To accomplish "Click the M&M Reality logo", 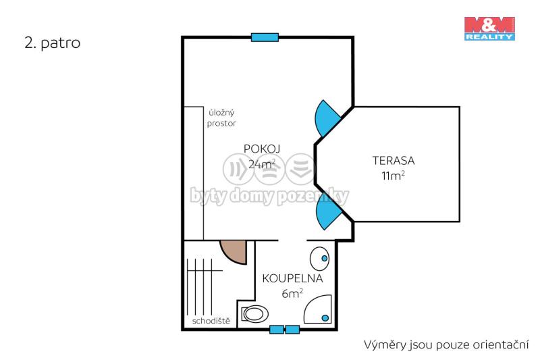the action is click(489, 28).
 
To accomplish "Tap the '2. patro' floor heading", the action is click(53, 43).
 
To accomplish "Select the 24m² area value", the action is click(262, 163).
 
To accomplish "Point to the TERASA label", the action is click(394, 161).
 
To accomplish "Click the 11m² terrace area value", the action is click(393, 176).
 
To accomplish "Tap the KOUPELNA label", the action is click(292, 278).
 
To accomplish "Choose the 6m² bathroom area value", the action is click(292, 293).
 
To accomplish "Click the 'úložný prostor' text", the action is click(221, 118).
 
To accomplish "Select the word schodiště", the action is click(211, 321).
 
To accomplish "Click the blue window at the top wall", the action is click(265, 37).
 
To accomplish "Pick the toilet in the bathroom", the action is click(255, 314).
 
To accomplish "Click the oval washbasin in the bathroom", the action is click(319, 259).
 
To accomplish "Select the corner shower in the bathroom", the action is click(317, 309).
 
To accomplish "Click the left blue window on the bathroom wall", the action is click(277, 330).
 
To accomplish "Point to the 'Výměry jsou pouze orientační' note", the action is click(446, 345).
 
